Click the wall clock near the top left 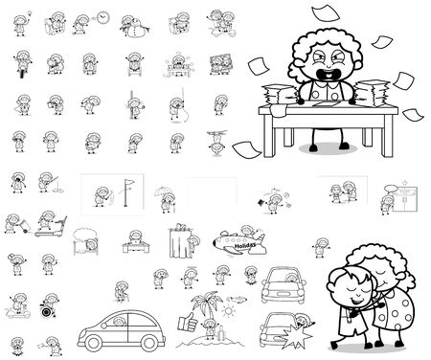(x=102, y=17)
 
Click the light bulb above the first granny (x=29, y=9)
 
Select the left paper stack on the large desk (x=277, y=97)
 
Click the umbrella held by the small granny (x=157, y=193)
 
